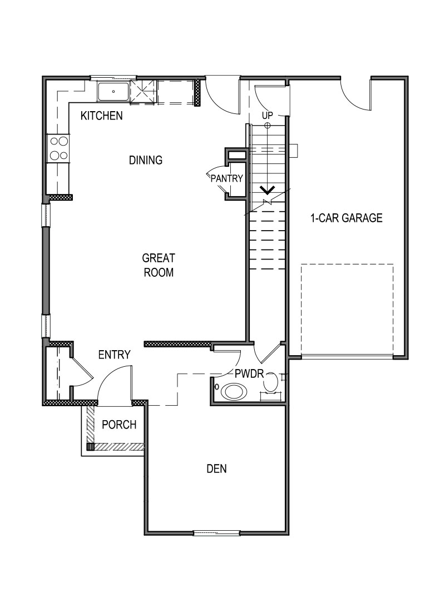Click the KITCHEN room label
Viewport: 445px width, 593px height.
(101, 116)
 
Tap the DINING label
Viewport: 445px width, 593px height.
(145, 161)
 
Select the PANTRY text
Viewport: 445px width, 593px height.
(227, 179)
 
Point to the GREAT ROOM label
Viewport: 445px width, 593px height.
(158, 265)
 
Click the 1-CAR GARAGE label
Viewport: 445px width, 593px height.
(346, 218)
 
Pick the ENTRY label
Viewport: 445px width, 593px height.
(114, 355)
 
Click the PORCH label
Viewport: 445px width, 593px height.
(119, 425)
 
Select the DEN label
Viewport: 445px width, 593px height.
(216, 469)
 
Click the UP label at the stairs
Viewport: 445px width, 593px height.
(268, 115)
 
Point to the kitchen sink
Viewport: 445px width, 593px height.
(113, 92)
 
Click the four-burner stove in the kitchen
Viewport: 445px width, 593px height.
(58, 148)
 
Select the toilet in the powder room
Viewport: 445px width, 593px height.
(271, 383)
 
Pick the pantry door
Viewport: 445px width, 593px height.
(215, 177)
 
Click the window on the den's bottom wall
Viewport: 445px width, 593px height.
(216, 533)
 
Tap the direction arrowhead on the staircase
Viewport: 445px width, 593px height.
(268, 190)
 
